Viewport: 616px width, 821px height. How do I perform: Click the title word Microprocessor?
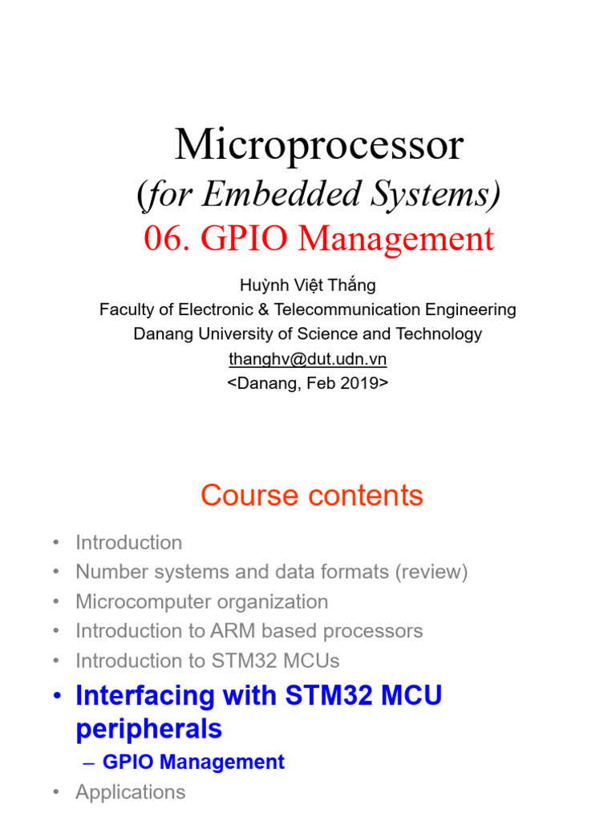pyautogui.click(x=319, y=146)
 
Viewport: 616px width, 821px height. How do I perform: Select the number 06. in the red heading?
pyautogui.click(x=167, y=239)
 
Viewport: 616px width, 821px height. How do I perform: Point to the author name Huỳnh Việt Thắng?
pyautogui.click(x=307, y=285)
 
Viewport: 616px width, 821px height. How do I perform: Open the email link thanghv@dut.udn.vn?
pyautogui.click(x=307, y=359)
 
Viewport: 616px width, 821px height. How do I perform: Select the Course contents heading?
pyautogui.click(x=311, y=495)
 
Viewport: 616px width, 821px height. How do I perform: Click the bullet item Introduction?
pyautogui.click(x=128, y=543)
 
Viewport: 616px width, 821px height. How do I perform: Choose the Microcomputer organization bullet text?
pyautogui.click(x=201, y=602)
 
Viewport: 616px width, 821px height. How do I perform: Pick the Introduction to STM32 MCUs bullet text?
pyautogui.click(x=207, y=661)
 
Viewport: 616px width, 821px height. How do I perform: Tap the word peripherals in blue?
pyautogui.click(x=148, y=729)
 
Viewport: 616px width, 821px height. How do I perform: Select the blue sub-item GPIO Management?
pyautogui.click(x=193, y=762)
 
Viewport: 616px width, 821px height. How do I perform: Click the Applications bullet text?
pyautogui.click(x=130, y=792)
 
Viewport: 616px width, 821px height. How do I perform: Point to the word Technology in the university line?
pyautogui.click(x=434, y=334)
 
